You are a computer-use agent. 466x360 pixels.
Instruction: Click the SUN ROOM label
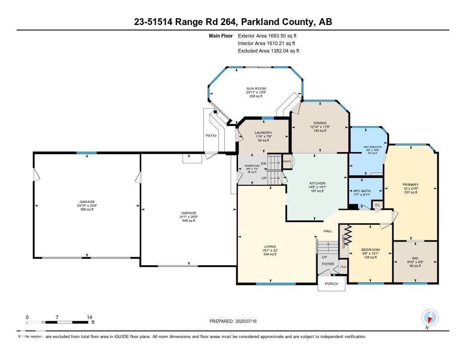pos(256,88)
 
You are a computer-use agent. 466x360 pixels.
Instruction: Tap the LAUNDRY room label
pos(263,133)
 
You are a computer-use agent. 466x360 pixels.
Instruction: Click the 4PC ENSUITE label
pos(372,147)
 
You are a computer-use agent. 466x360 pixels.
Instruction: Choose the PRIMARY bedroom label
pos(410,185)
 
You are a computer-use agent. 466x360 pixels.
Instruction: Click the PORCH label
pos(331,284)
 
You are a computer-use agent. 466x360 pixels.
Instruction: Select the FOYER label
pos(328,264)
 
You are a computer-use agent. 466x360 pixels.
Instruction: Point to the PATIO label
pos(211,136)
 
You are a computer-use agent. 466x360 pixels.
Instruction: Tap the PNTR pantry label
pos(287,161)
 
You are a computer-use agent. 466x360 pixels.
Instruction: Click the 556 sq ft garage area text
pos(87,209)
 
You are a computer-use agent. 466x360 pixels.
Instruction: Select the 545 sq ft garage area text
pos(188,221)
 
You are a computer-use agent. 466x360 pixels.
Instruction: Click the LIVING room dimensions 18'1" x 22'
pos(270,250)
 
